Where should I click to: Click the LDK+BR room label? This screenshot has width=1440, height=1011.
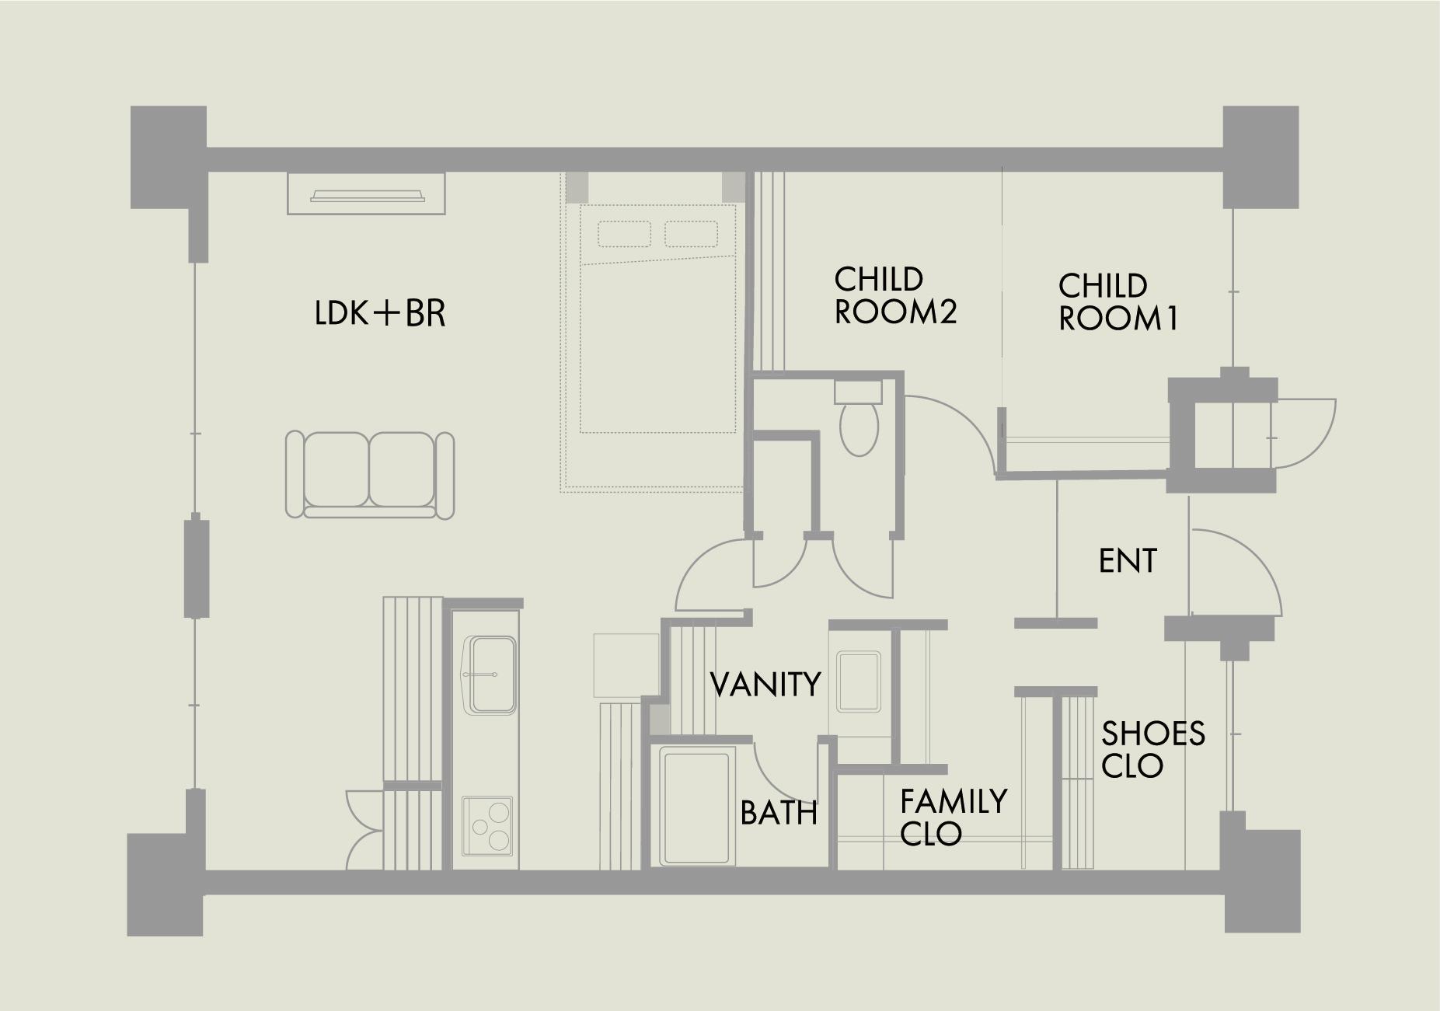380,313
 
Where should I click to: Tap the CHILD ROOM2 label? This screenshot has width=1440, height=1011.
895,295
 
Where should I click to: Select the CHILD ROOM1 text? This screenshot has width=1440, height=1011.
1118,302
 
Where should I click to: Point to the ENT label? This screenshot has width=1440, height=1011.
1128,560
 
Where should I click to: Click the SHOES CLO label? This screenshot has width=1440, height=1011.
1153,749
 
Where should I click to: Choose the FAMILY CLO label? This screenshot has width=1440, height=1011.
954,817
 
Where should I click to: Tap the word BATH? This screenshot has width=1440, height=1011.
779,813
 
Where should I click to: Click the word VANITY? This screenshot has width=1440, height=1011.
766,685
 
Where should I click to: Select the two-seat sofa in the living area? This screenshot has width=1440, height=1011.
370,475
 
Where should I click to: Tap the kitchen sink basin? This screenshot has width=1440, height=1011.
490,675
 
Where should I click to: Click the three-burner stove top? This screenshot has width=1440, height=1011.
487,824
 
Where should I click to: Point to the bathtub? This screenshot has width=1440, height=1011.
697,805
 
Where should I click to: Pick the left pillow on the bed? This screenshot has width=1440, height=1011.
624,234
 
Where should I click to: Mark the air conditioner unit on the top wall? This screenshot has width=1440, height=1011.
367,193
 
